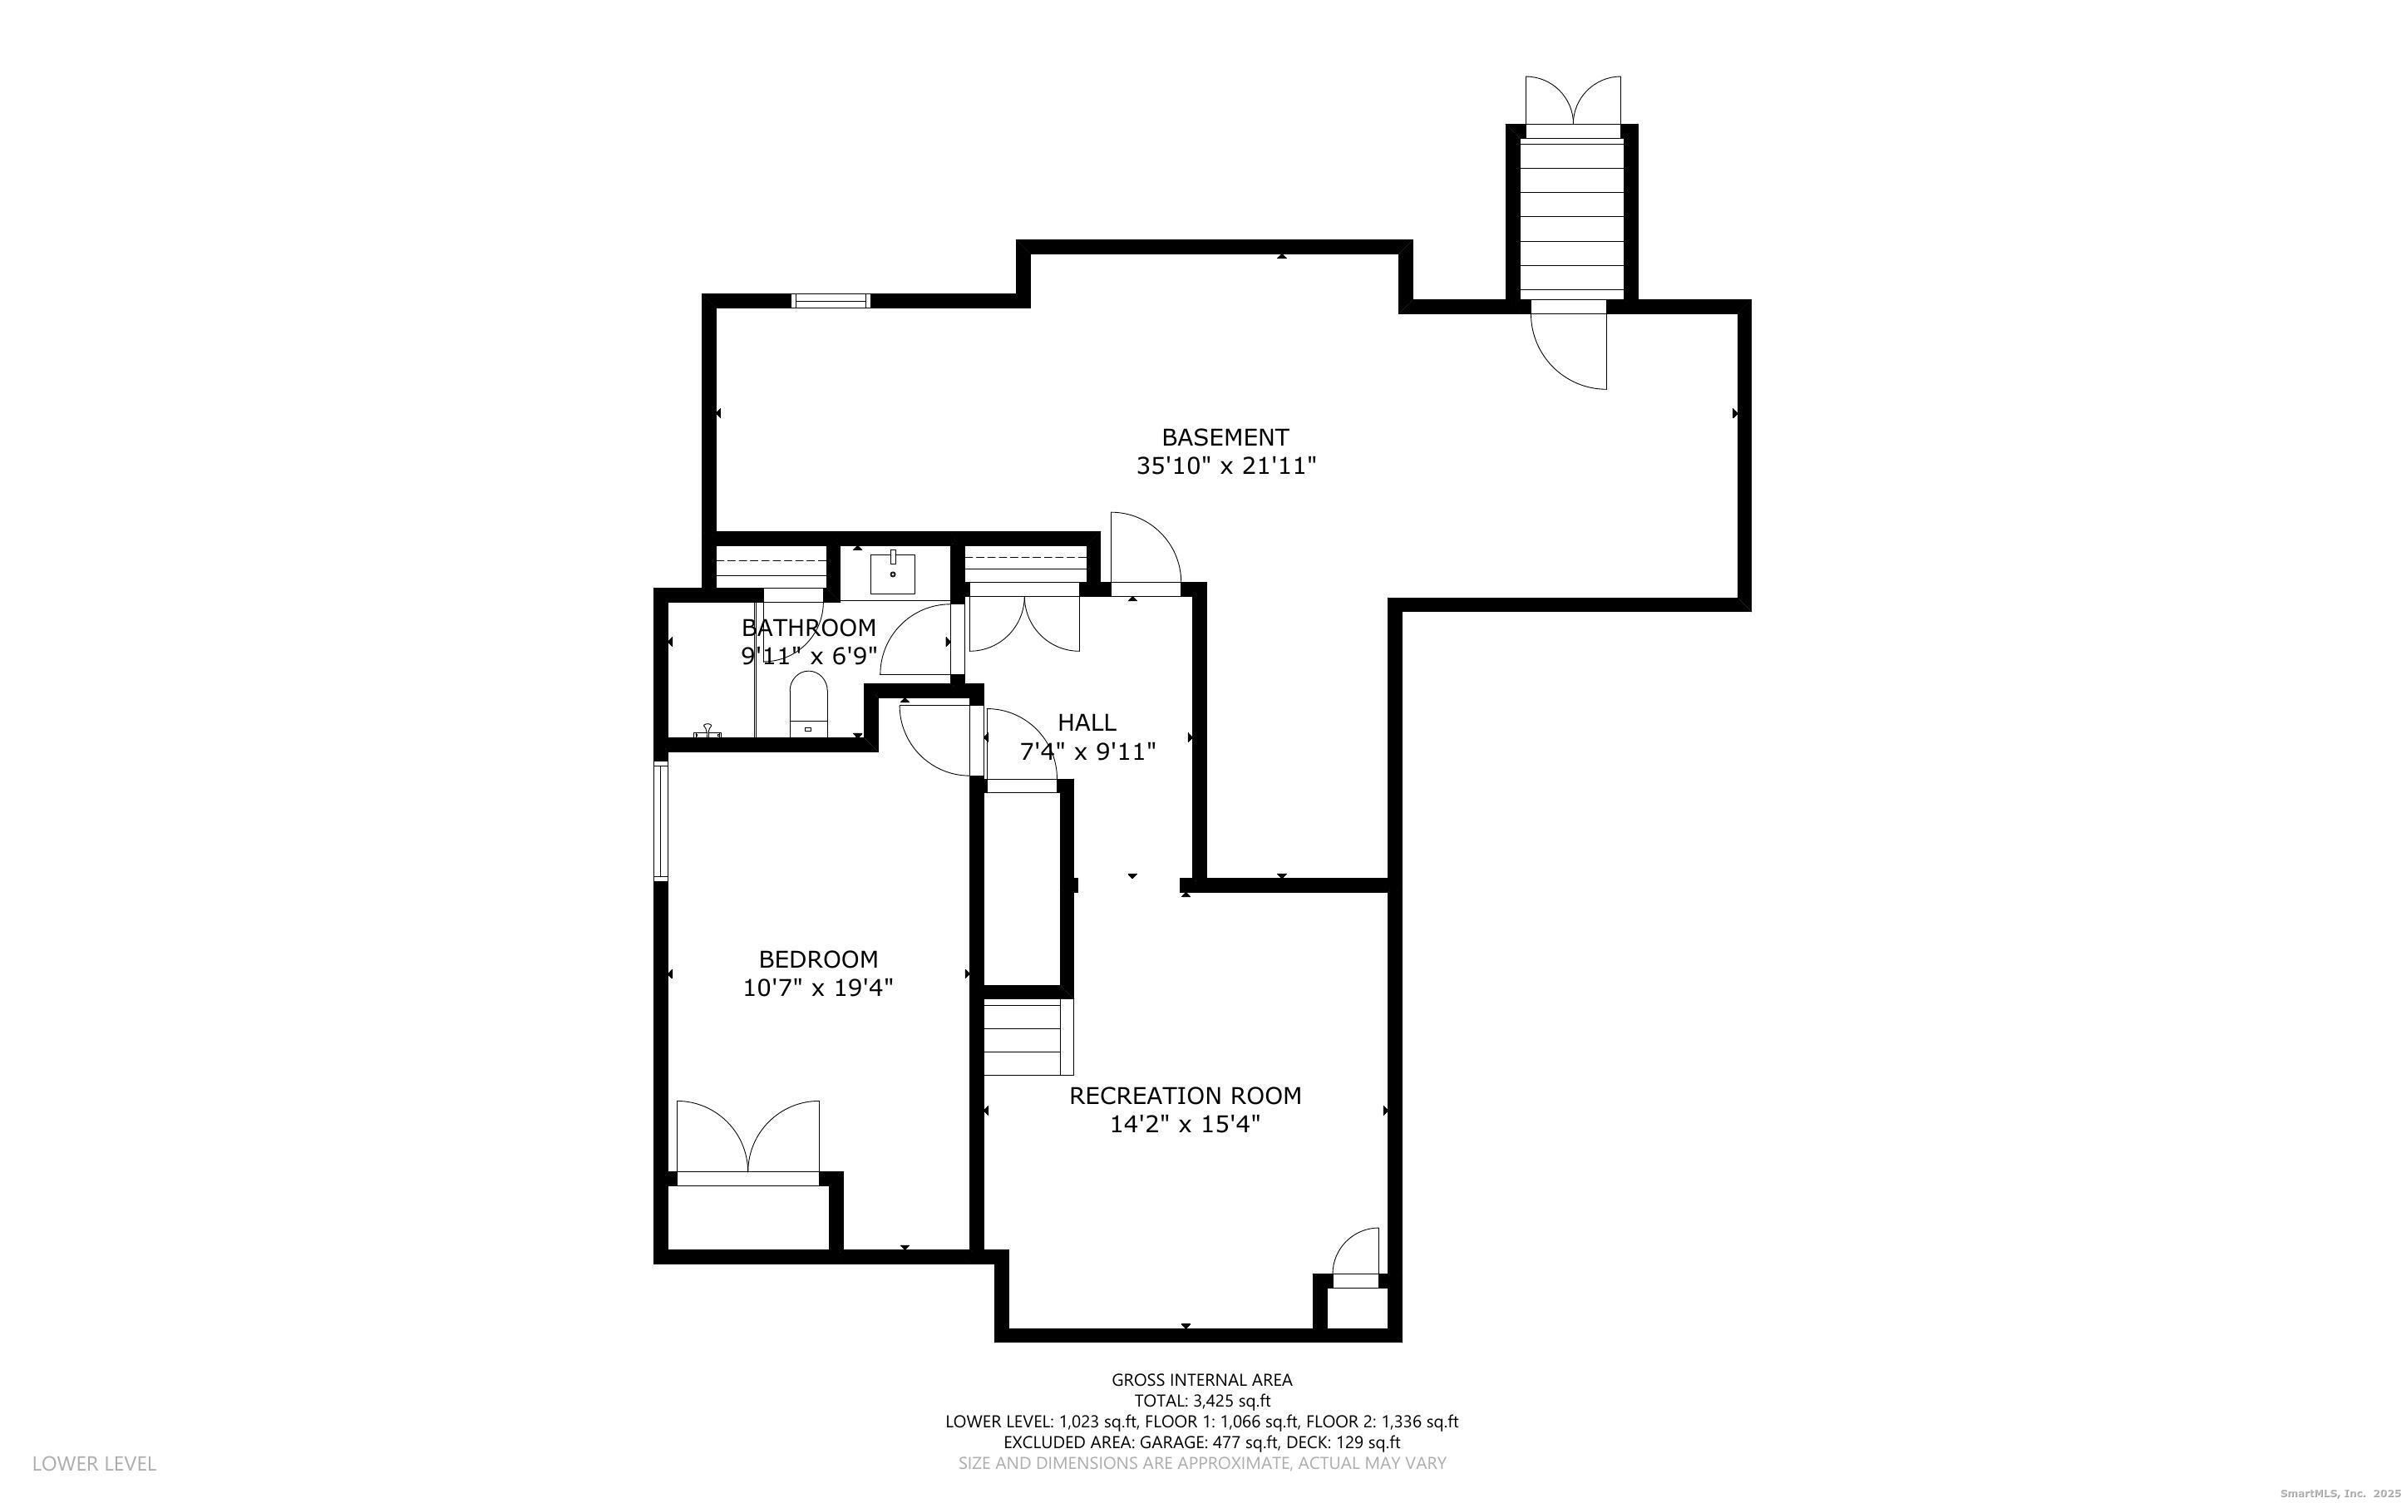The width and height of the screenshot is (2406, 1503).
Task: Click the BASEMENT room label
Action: pyautogui.click(x=1225, y=437)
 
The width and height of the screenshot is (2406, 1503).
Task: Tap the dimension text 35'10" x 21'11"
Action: pyautogui.click(x=1225, y=466)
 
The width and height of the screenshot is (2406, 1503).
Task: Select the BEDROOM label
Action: pyautogui.click(x=818, y=959)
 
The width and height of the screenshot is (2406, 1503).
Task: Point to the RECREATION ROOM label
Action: pyautogui.click(x=1185, y=1096)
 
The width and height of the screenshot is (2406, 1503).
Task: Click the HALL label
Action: pyautogui.click(x=1087, y=722)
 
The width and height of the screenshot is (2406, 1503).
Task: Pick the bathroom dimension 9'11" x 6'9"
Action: pyautogui.click(x=809, y=656)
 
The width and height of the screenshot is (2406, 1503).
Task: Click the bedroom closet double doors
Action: pyautogui.click(x=747, y=1139)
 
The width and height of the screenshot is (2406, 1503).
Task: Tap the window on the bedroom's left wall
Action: pyautogui.click(x=660, y=820)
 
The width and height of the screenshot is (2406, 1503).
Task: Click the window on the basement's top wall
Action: pyautogui.click(x=830, y=300)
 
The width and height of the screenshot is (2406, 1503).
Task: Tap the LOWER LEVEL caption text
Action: pyautogui.click(x=95, y=1463)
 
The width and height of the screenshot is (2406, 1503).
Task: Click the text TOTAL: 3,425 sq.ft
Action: pyautogui.click(x=1201, y=1401)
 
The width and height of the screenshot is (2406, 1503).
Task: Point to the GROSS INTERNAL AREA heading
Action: pyautogui.click(x=1201, y=1380)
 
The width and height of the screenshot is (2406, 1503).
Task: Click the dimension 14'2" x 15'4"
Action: pyautogui.click(x=1185, y=1124)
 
